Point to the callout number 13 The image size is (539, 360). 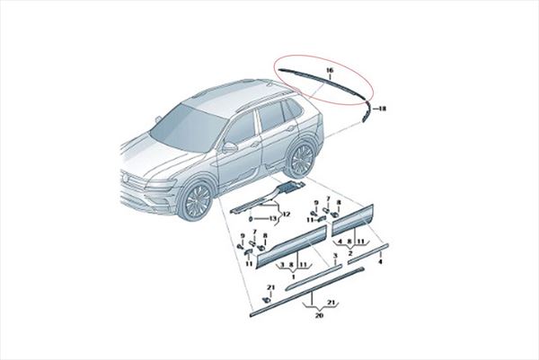point(272,218)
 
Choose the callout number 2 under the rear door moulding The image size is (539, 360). point(349,252)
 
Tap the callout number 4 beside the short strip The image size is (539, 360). point(380,262)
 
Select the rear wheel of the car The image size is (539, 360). point(300,159)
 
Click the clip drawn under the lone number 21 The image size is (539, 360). point(267,300)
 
